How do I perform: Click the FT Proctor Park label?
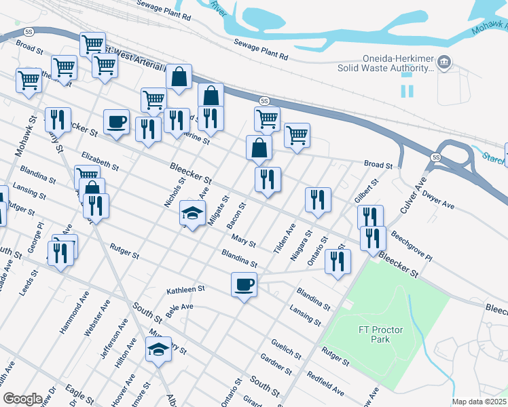pos(381,334)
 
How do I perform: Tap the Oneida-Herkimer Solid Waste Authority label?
pos(385,63)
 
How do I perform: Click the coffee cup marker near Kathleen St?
pos(244,284)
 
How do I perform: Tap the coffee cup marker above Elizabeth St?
pos(116,122)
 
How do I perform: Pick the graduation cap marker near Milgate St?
pos(192,214)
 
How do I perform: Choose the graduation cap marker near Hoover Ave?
pos(158,351)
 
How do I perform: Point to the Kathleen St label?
pos(185,290)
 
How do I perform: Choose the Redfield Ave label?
pos(325,384)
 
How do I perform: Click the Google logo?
pos(22,399)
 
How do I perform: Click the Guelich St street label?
pos(285,347)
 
